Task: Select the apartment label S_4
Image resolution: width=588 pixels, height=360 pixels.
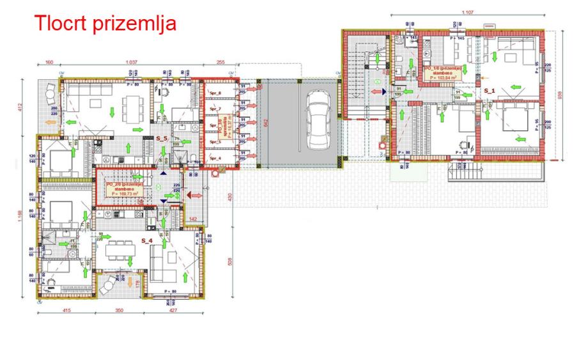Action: pos(146,240)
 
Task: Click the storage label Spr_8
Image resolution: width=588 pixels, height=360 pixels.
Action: pos(215,94)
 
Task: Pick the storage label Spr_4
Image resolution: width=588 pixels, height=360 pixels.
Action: pos(215,158)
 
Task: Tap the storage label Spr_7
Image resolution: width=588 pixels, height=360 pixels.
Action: pos(215,109)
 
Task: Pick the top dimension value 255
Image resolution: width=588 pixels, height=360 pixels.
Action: pos(220,63)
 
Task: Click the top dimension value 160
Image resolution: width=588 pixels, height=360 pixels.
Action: pos(49,63)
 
